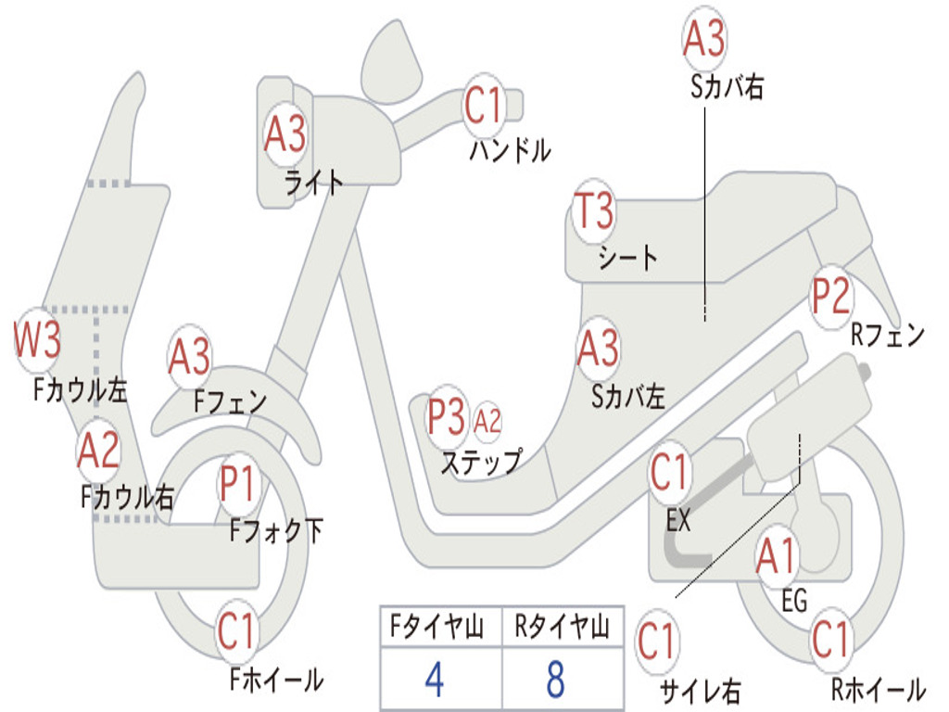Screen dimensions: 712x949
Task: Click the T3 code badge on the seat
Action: [594, 211]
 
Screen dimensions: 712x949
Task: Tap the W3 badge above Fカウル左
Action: [37, 340]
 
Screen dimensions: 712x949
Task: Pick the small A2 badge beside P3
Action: [487, 422]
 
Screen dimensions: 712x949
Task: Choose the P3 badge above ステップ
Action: [446, 417]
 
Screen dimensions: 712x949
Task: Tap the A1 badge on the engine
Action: [776, 557]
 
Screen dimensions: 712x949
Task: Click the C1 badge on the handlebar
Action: [483, 107]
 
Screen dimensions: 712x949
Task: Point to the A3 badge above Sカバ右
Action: [704, 39]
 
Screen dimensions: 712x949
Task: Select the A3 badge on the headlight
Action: [285, 134]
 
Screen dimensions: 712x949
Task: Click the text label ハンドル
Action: [510, 151]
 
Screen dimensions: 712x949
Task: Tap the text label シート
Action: [627, 257]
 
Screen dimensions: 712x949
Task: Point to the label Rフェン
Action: [888, 336]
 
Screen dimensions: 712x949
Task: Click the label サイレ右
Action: [700, 690]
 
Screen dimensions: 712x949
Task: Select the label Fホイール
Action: [276, 680]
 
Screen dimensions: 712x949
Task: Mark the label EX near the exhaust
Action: [678, 521]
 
